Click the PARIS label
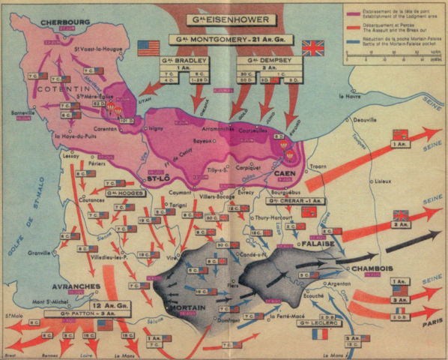[x=428, y=325]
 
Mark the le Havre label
[x=350, y=96]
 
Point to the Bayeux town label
[x=203, y=140]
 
